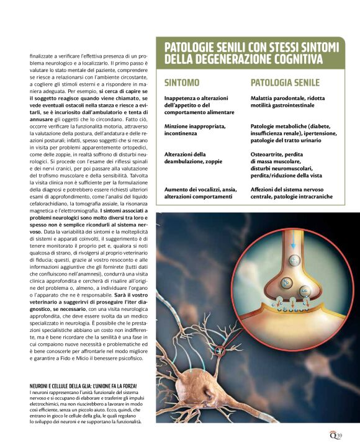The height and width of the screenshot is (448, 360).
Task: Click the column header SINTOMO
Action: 182,83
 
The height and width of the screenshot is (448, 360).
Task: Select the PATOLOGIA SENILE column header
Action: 285,83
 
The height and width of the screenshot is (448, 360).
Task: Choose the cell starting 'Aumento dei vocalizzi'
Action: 199,192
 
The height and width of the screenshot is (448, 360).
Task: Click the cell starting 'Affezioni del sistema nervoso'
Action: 292,192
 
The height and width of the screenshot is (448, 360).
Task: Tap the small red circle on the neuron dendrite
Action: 218,352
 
